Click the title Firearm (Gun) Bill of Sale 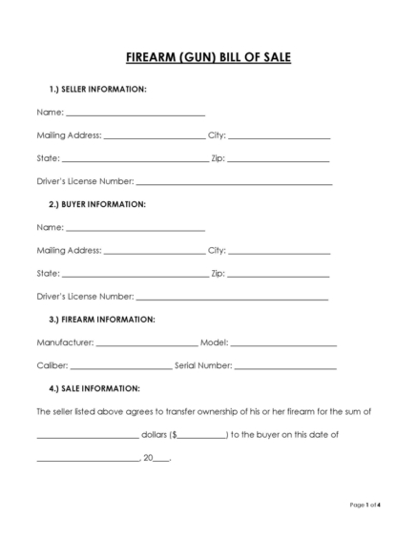[208, 58]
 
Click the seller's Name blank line [135, 114]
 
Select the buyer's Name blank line [135, 230]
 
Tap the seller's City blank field [279, 137]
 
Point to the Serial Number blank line [285, 367]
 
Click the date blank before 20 [88, 460]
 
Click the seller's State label [48, 159]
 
